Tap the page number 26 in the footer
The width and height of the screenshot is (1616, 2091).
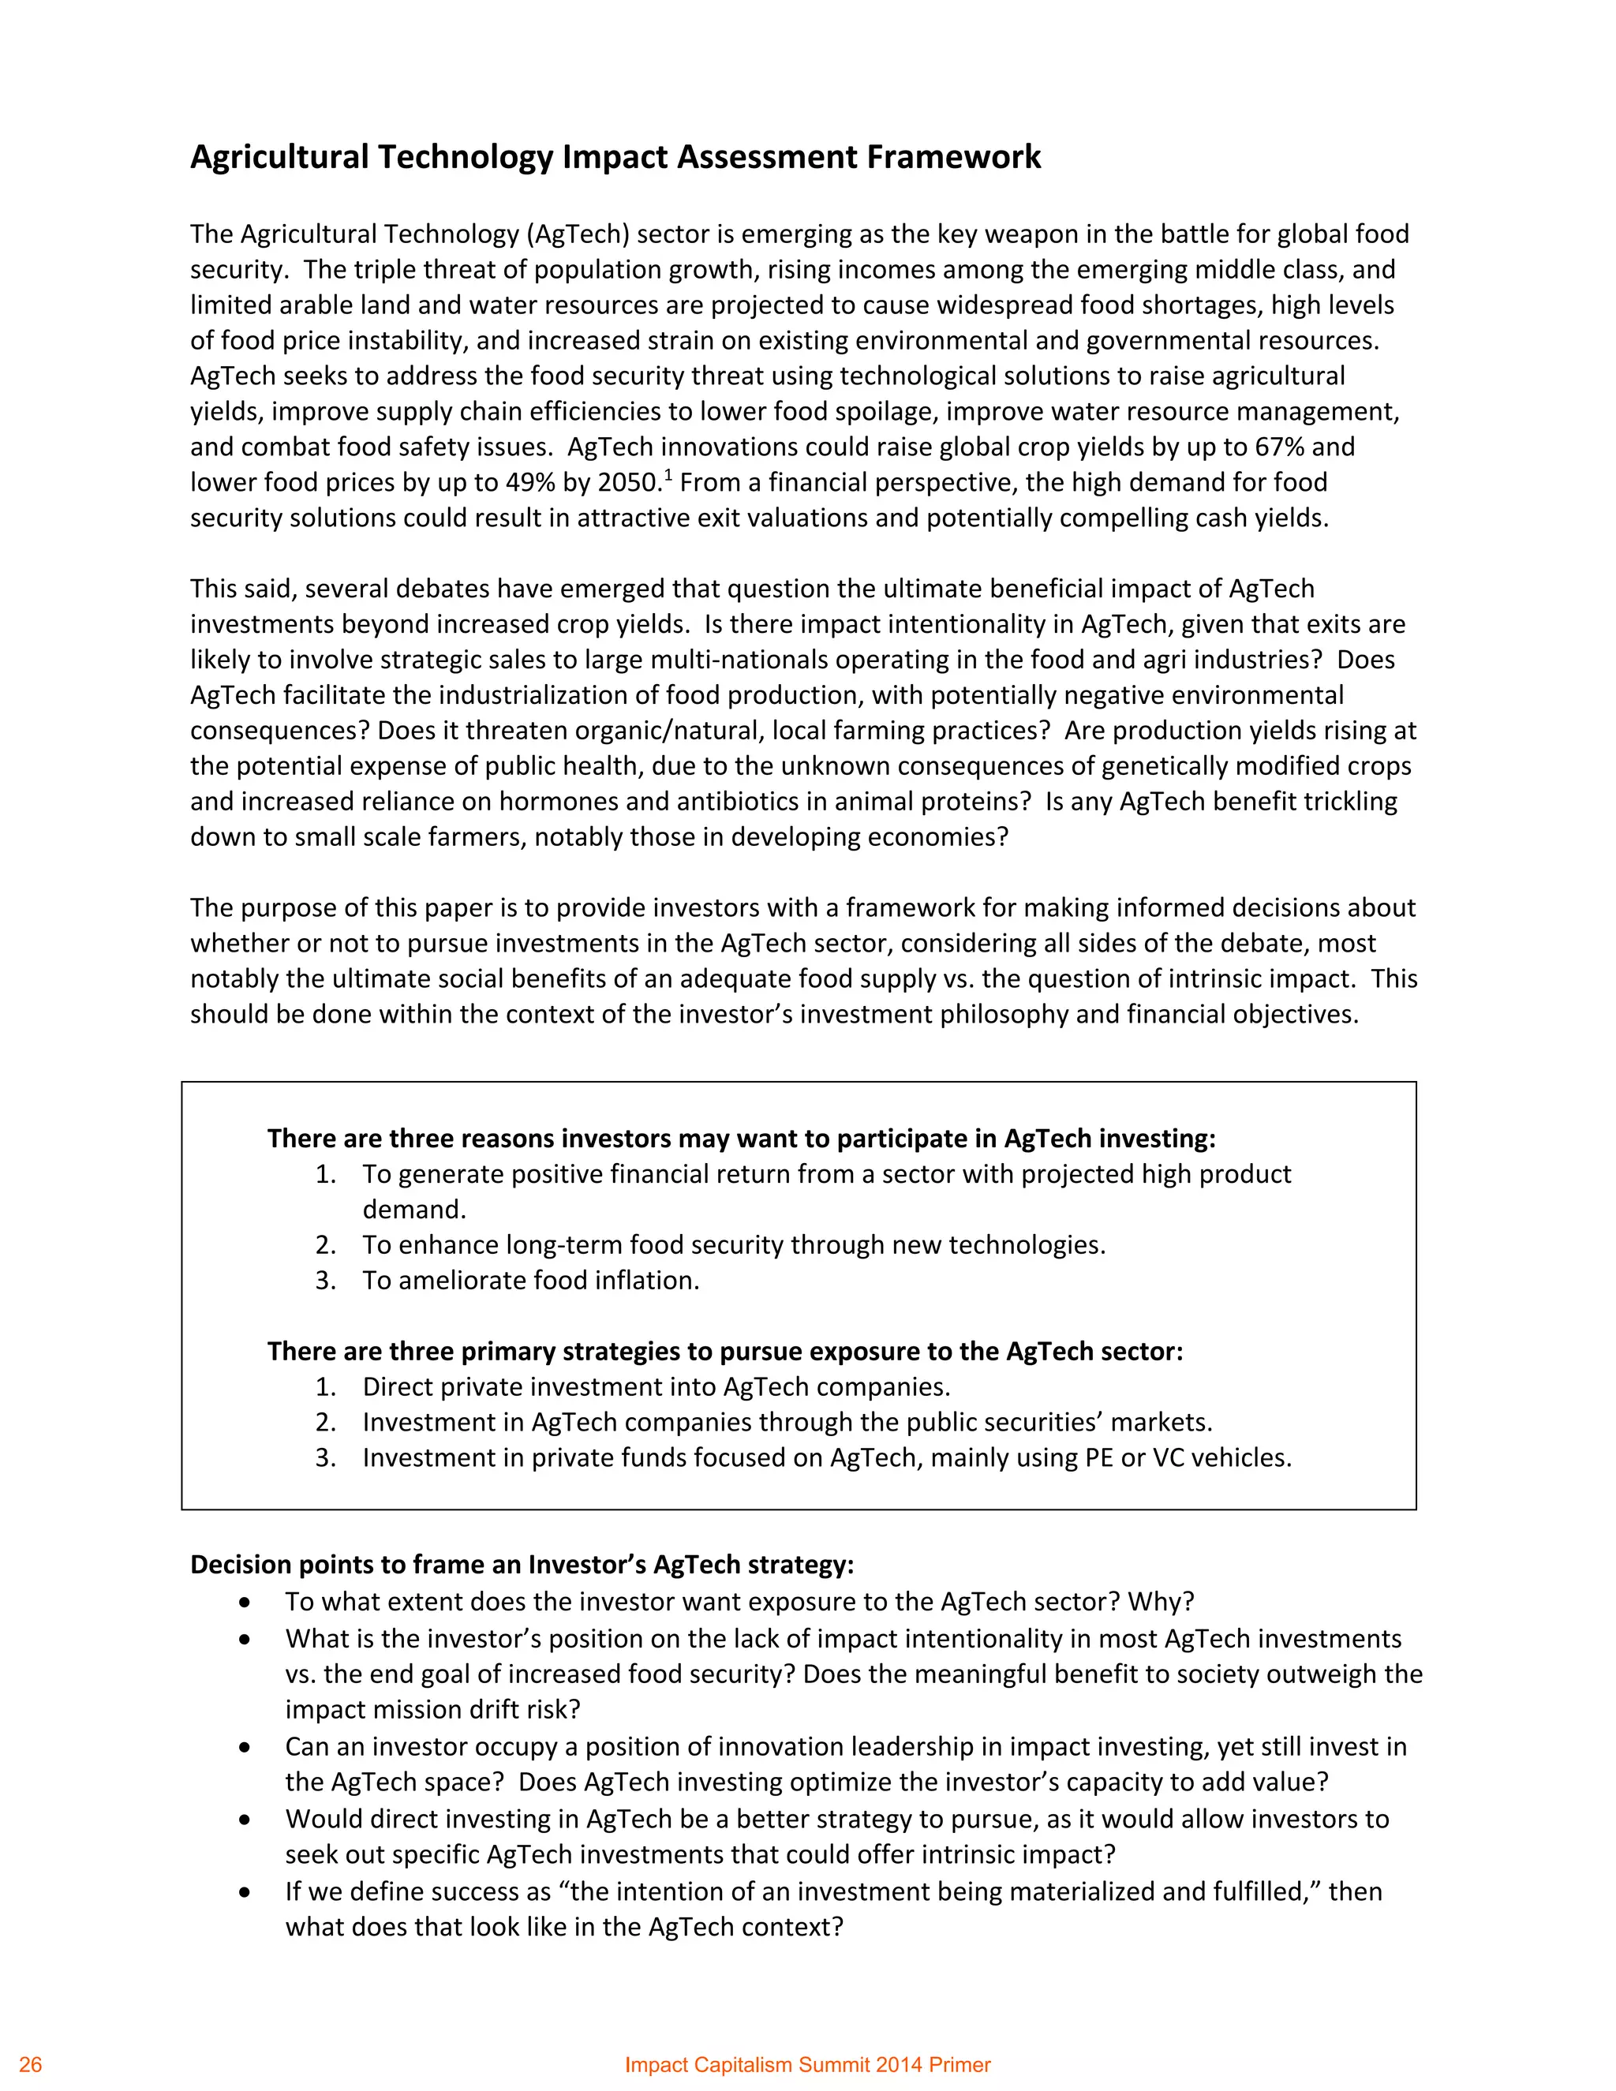(x=31, y=2064)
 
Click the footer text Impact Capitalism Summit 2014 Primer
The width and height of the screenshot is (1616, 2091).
(x=807, y=2064)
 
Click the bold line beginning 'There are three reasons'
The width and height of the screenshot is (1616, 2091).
(x=741, y=1139)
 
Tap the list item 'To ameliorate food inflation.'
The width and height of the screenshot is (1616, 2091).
(x=530, y=1280)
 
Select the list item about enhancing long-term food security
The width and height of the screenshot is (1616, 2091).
(x=733, y=1244)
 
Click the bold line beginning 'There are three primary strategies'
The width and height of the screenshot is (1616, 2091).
(x=724, y=1351)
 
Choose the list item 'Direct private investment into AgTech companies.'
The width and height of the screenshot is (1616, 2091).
(x=656, y=1386)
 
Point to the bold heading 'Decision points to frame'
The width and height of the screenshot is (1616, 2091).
(x=522, y=1565)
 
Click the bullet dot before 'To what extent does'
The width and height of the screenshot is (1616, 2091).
(x=246, y=1603)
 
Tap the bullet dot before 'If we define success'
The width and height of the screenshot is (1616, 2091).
(x=246, y=1893)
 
